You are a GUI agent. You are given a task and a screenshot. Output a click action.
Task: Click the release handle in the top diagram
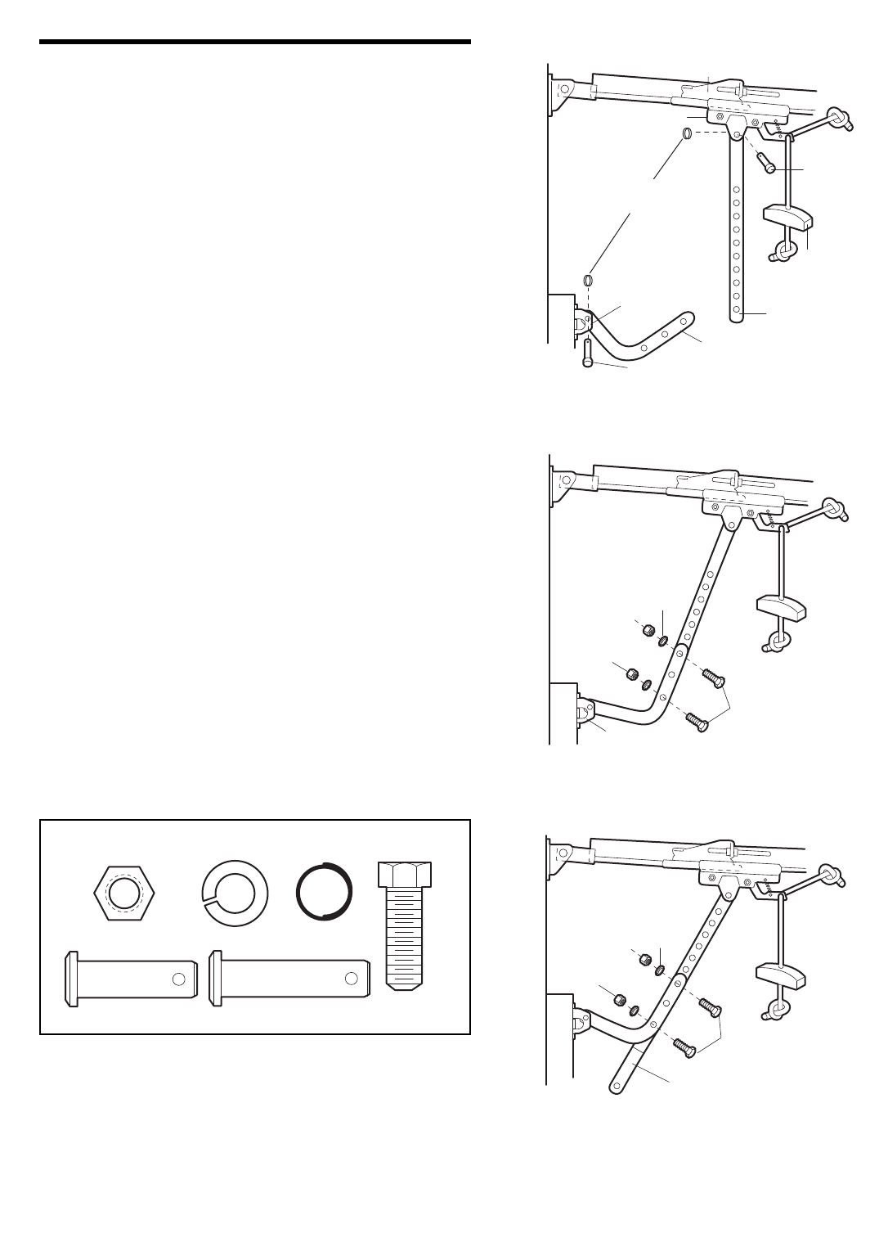[x=786, y=217]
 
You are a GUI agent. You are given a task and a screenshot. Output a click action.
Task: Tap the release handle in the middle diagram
[x=781, y=609]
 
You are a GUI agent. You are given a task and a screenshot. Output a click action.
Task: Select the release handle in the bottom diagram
[x=782, y=976]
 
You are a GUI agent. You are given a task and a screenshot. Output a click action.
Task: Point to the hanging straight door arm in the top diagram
[x=737, y=237]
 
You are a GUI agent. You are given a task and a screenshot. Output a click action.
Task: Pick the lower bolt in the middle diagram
[x=697, y=723]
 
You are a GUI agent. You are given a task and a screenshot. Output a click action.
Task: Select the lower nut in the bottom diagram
[x=619, y=1000]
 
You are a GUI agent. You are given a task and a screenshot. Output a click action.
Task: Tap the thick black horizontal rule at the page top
[x=255, y=42]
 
